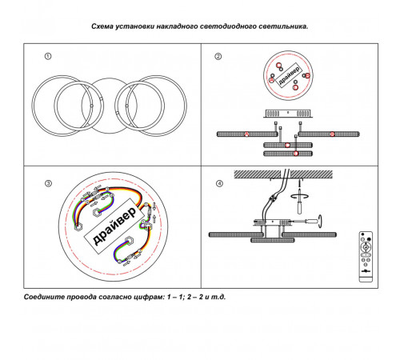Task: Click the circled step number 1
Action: coord(48,56)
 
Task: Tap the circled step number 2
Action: coord(218,56)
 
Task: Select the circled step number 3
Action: coord(48,183)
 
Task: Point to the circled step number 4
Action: coord(219,183)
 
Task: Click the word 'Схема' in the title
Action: coord(102,26)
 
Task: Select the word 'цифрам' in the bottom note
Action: coord(150,297)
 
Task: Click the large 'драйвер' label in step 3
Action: coord(114,226)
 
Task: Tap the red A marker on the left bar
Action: coord(246,134)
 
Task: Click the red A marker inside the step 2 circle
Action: coord(272,80)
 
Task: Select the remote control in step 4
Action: coord(366,257)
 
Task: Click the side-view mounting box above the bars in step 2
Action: coord(288,114)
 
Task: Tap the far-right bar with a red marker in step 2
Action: coord(329,134)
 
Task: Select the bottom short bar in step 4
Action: coord(273,240)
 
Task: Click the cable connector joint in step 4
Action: coord(273,198)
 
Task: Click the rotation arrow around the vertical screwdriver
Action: coord(299,197)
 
